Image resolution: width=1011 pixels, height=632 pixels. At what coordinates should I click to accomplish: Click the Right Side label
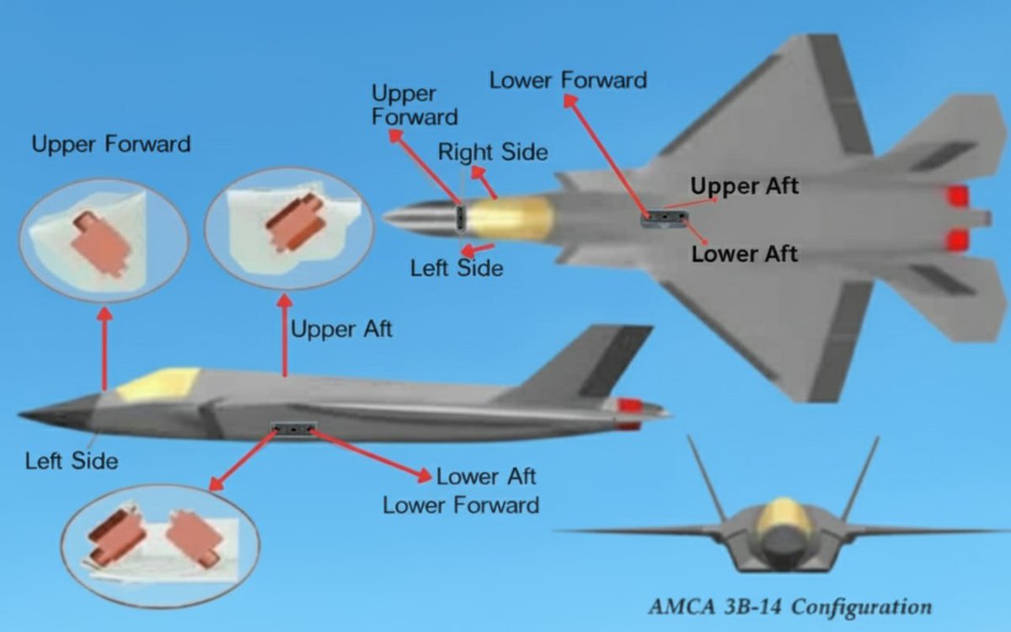(x=493, y=153)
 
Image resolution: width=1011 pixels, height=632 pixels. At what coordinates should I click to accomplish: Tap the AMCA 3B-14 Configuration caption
(x=790, y=607)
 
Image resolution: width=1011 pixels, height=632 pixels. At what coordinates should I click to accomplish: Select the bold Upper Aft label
(x=744, y=186)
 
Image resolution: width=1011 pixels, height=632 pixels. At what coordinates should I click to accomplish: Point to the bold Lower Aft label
(x=744, y=253)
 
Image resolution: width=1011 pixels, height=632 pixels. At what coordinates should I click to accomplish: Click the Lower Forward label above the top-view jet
(x=568, y=81)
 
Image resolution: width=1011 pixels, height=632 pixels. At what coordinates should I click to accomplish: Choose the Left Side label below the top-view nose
(x=457, y=268)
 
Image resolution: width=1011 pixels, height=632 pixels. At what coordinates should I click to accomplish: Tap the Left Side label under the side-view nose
(x=72, y=461)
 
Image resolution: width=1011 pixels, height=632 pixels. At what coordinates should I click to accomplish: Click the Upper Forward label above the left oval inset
(x=111, y=144)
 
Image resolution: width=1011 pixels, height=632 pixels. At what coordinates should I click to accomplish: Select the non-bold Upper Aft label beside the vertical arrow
(x=341, y=329)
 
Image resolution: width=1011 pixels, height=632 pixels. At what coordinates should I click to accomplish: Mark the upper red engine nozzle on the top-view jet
(x=957, y=197)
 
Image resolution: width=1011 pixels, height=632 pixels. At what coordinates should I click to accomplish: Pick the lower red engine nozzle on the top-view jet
(x=957, y=241)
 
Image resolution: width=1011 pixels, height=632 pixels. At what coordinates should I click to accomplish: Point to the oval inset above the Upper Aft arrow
(x=289, y=227)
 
